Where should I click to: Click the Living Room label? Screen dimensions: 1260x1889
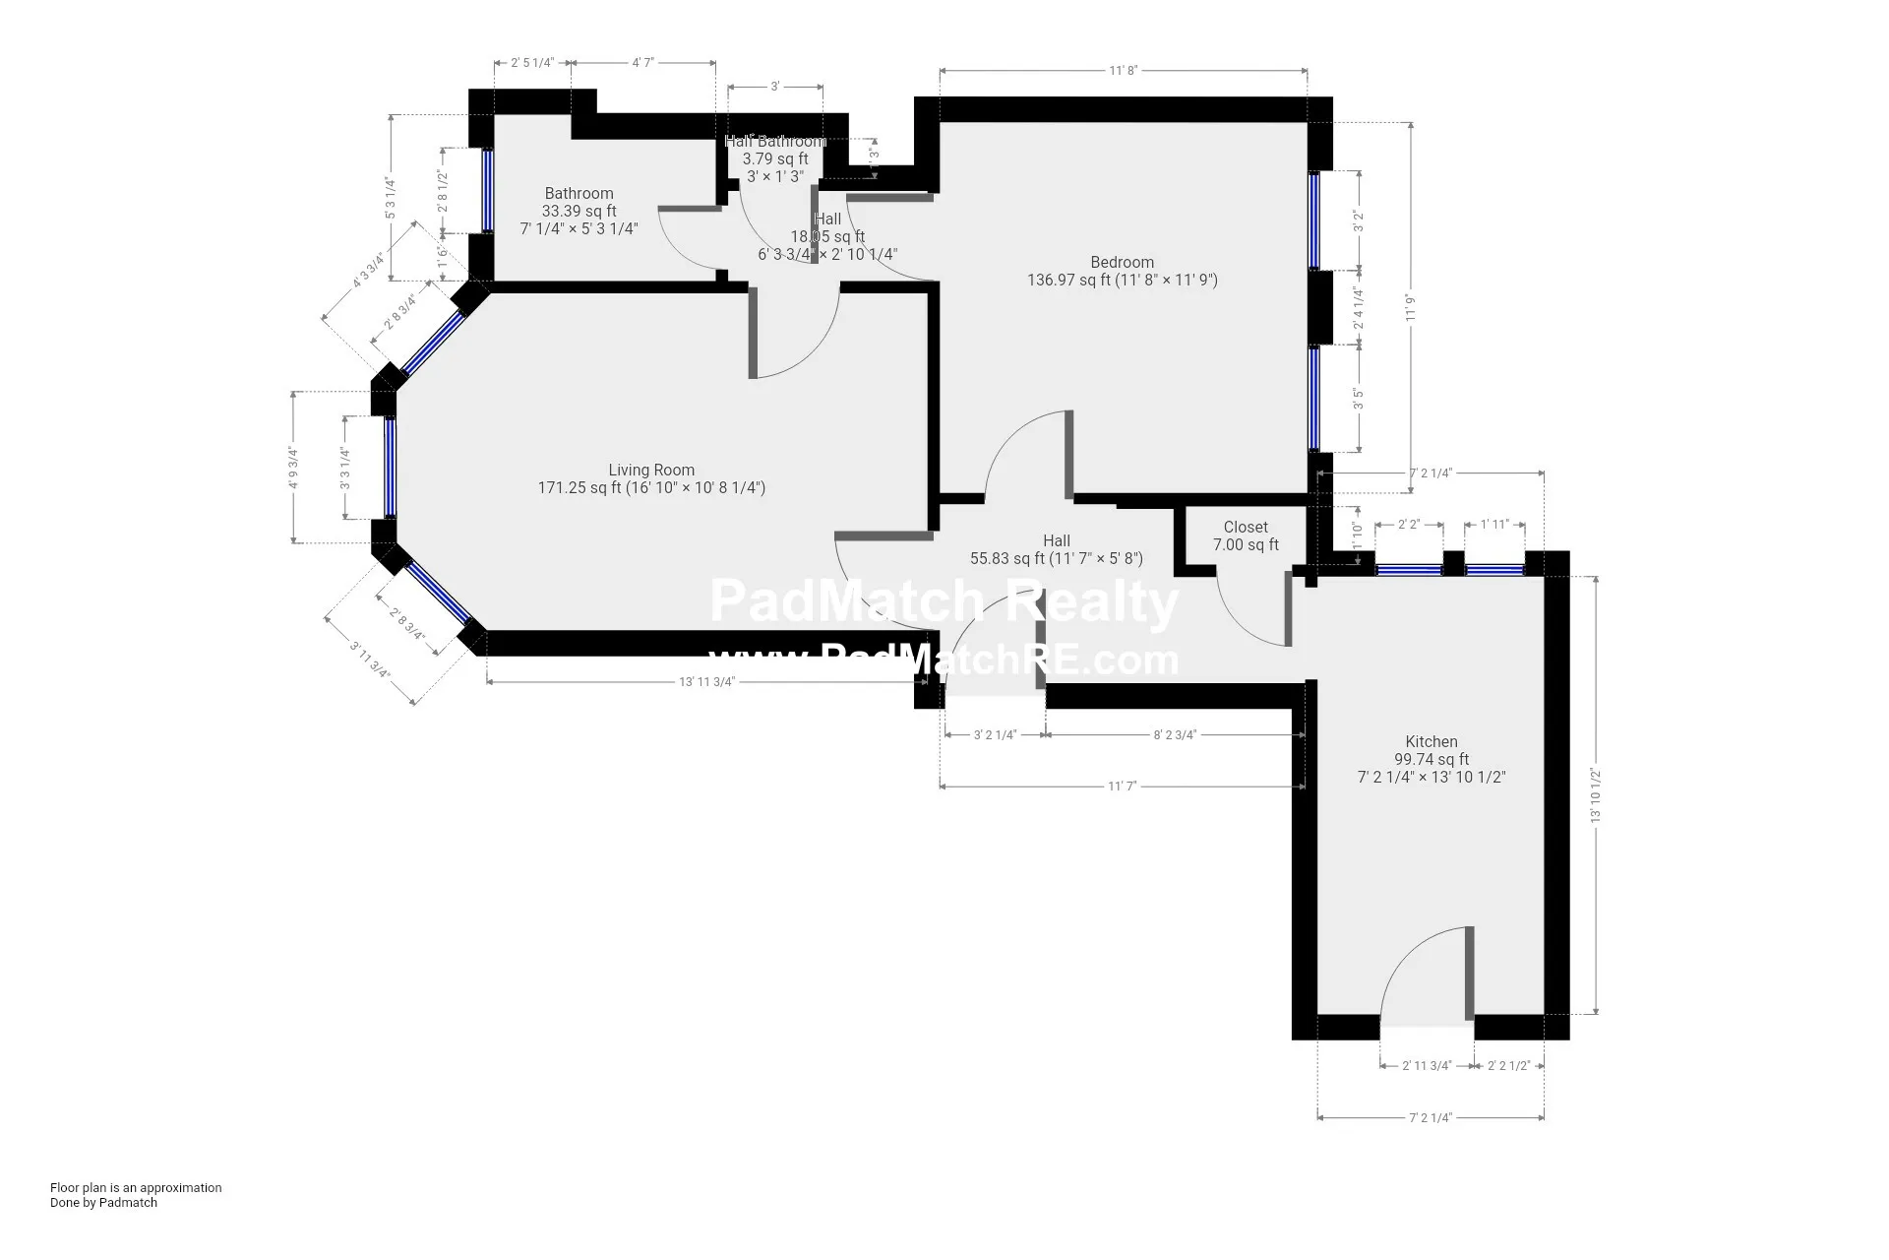click(651, 471)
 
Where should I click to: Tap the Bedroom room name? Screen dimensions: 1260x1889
click(1122, 263)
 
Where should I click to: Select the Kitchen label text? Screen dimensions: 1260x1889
click(1431, 742)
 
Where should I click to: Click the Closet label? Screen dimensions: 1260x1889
click(1246, 528)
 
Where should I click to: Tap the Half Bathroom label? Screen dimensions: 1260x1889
click(775, 142)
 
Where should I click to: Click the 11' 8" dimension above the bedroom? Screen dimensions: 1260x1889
click(1123, 71)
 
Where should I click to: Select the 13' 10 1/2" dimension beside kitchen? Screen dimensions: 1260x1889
click(1596, 795)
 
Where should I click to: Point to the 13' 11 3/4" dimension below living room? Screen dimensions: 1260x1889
click(706, 682)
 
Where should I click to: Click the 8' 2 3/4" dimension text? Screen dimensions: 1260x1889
click(1174, 734)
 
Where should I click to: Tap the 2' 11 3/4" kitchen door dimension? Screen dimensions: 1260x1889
click(1427, 1065)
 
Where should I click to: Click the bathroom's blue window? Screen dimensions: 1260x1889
click(487, 190)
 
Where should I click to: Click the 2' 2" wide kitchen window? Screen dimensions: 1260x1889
click(1408, 569)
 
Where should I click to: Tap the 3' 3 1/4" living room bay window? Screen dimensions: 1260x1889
click(391, 468)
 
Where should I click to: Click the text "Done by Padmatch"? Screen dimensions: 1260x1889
click(103, 1202)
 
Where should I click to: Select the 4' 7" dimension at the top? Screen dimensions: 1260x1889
click(642, 63)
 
